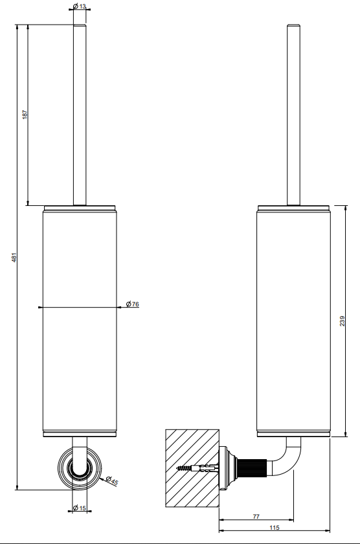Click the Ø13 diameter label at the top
pyautogui.click(x=80, y=6)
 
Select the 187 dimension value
pyautogui.click(x=25, y=115)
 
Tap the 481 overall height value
pyautogui.click(x=14, y=257)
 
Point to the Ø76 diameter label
pyautogui.click(x=133, y=304)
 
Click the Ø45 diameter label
pyautogui.click(x=112, y=481)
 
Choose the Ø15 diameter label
pyautogui.click(x=80, y=508)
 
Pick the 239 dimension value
pyautogui.click(x=343, y=321)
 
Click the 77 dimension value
pyautogui.click(x=256, y=516)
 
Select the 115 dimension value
pyautogui.click(x=275, y=527)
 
